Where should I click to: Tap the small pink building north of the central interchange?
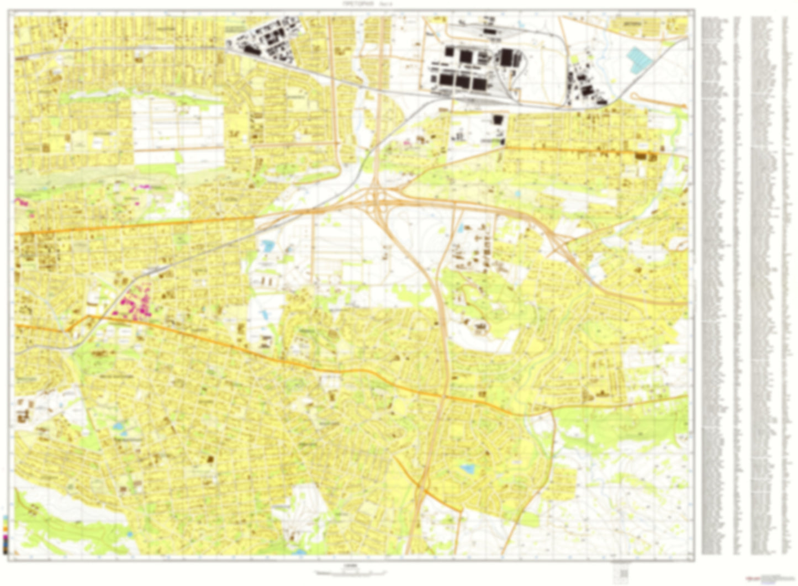[409, 142]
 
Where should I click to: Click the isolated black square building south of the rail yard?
[498, 120]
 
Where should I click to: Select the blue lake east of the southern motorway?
[468, 469]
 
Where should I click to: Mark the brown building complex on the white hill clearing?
[479, 328]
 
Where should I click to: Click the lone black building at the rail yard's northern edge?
[489, 32]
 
